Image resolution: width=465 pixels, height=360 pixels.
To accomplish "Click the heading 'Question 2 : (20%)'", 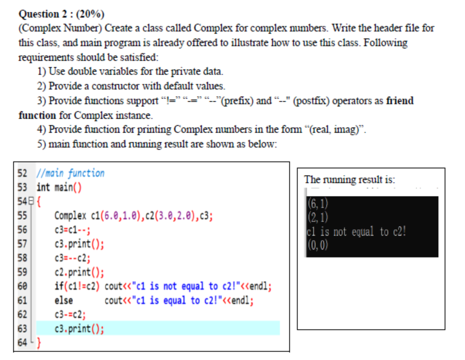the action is [x=61, y=14].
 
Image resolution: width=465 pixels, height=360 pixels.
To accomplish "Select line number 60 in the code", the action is [x=23, y=286].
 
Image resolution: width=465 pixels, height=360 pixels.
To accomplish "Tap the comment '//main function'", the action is [x=70, y=173].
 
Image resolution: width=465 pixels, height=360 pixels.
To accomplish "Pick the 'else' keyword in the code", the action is [x=63, y=300].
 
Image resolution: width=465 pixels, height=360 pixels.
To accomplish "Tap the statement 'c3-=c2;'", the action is [x=70, y=314].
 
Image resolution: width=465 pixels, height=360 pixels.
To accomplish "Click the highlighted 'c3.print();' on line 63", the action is [x=79, y=329].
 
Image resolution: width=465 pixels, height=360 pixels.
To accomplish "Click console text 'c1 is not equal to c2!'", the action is [x=356, y=232].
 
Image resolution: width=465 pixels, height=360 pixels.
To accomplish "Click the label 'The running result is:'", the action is [x=350, y=179].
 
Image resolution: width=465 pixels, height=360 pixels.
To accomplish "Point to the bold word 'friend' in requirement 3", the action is [x=400, y=101].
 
